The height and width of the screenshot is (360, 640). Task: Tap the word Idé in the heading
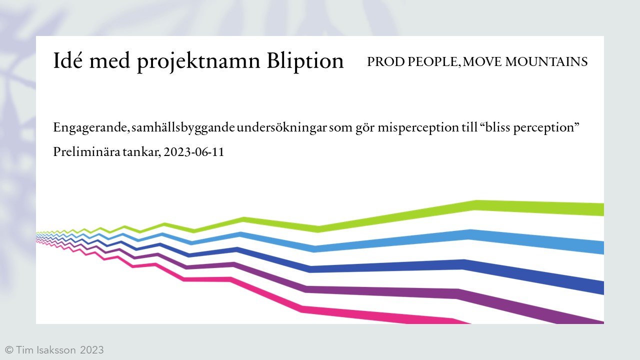click(x=68, y=61)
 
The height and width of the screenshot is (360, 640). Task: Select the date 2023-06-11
click(x=194, y=152)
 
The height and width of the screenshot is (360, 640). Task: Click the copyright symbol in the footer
click(x=8, y=350)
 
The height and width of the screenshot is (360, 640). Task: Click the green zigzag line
click(x=400, y=216)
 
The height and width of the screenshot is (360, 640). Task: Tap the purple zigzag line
click(x=380, y=291)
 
